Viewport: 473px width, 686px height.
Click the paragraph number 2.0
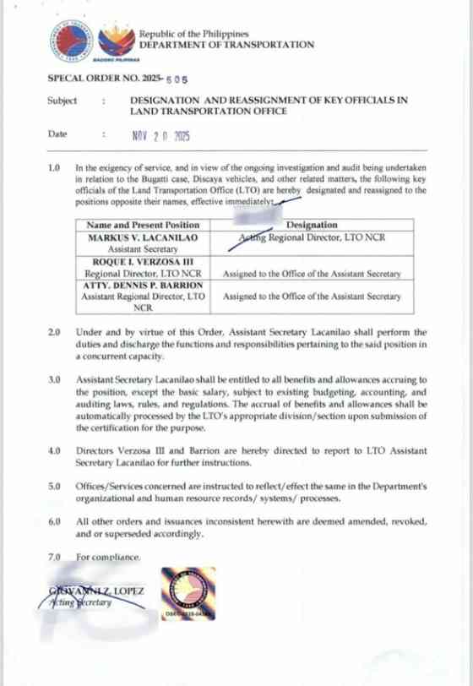[x=54, y=333]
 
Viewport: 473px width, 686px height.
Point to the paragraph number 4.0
[x=54, y=452]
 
